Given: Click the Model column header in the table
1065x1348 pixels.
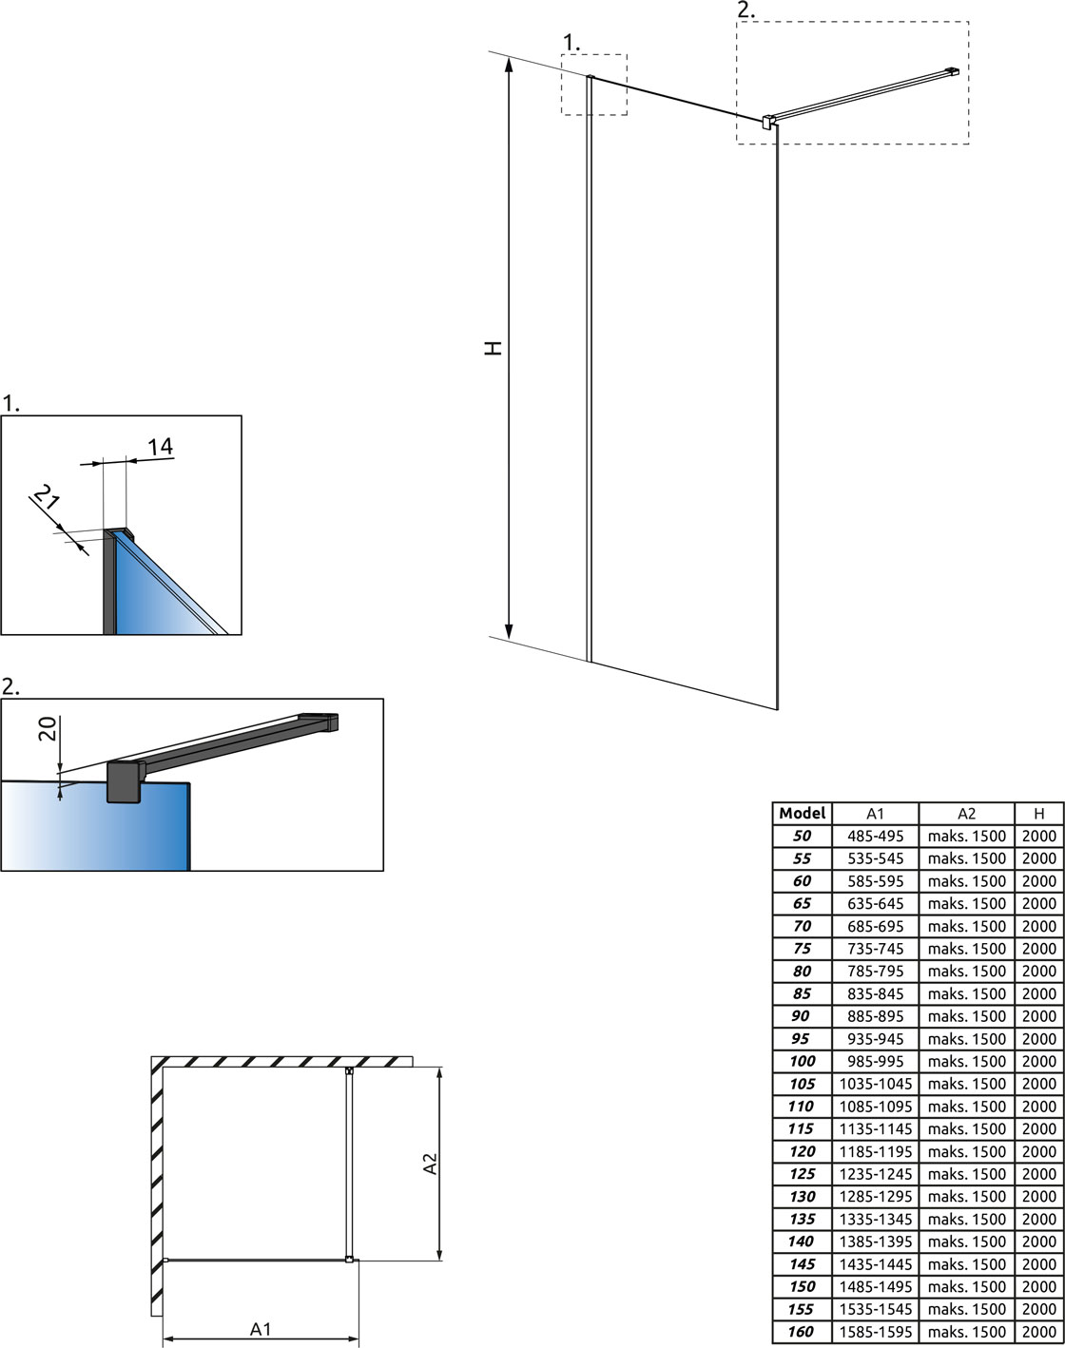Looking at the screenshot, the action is (x=802, y=813).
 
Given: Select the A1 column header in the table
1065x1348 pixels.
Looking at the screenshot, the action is (x=875, y=813).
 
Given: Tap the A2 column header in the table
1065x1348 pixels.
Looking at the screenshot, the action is (x=967, y=813).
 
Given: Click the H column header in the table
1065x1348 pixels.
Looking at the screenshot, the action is (x=1039, y=813).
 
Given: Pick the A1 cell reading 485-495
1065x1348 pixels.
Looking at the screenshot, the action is (x=875, y=836).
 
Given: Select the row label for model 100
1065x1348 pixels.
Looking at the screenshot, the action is (x=802, y=1061).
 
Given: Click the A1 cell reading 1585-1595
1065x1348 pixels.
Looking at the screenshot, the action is (x=875, y=1332).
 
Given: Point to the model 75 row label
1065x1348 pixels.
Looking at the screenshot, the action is (x=802, y=949).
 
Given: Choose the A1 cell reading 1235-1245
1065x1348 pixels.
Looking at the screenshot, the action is (x=875, y=1174).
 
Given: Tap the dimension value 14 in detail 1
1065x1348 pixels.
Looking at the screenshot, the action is (x=161, y=447).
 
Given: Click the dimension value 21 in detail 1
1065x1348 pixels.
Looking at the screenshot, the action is (x=47, y=497).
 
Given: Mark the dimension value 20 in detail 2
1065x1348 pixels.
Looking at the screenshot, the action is (x=48, y=728).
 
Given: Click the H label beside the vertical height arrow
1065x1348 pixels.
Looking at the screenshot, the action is (x=494, y=348).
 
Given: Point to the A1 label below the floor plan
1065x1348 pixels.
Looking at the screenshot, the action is (x=261, y=1328).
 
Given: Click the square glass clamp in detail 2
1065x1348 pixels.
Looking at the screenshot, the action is (x=125, y=781).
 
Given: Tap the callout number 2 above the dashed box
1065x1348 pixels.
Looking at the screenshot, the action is (x=746, y=10).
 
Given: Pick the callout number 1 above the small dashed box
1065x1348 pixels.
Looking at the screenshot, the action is (x=571, y=43).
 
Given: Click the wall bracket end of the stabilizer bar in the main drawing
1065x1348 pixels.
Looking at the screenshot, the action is (x=952, y=71).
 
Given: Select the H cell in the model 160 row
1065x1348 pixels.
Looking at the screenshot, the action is (x=1039, y=1332).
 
